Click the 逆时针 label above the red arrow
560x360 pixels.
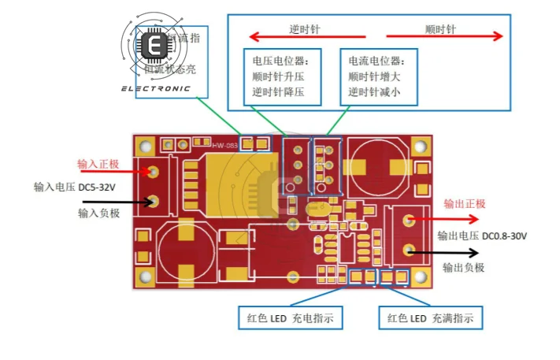tap(304, 29)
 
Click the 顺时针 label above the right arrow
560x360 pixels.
tap(440, 29)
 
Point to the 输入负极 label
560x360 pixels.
tap(98, 213)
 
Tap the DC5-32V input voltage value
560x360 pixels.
tap(96, 187)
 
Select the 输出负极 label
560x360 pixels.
tap(463, 268)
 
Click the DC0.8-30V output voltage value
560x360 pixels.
tap(505, 236)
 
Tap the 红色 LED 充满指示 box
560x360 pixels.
tap(430, 318)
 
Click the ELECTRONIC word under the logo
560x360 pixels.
tap(155, 88)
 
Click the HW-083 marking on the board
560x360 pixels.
tap(224, 144)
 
